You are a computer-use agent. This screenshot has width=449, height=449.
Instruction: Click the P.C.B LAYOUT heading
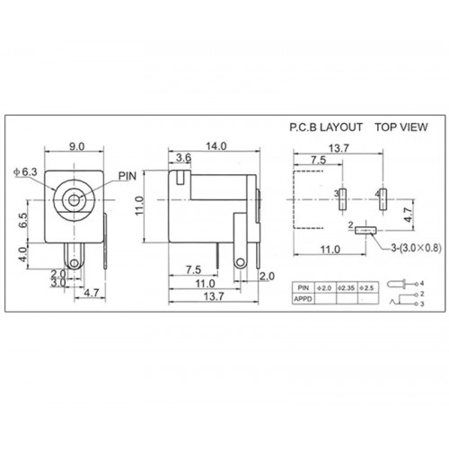(x=326, y=128)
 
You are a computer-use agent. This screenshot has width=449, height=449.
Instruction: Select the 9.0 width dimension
(x=77, y=146)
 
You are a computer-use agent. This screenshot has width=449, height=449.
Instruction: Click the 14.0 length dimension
(x=216, y=146)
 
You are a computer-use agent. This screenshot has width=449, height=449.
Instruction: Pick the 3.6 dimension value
(x=182, y=159)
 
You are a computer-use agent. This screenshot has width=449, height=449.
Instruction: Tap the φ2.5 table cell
(x=365, y=287)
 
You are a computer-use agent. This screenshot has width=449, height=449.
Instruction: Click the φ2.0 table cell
(x=324, y=287)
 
